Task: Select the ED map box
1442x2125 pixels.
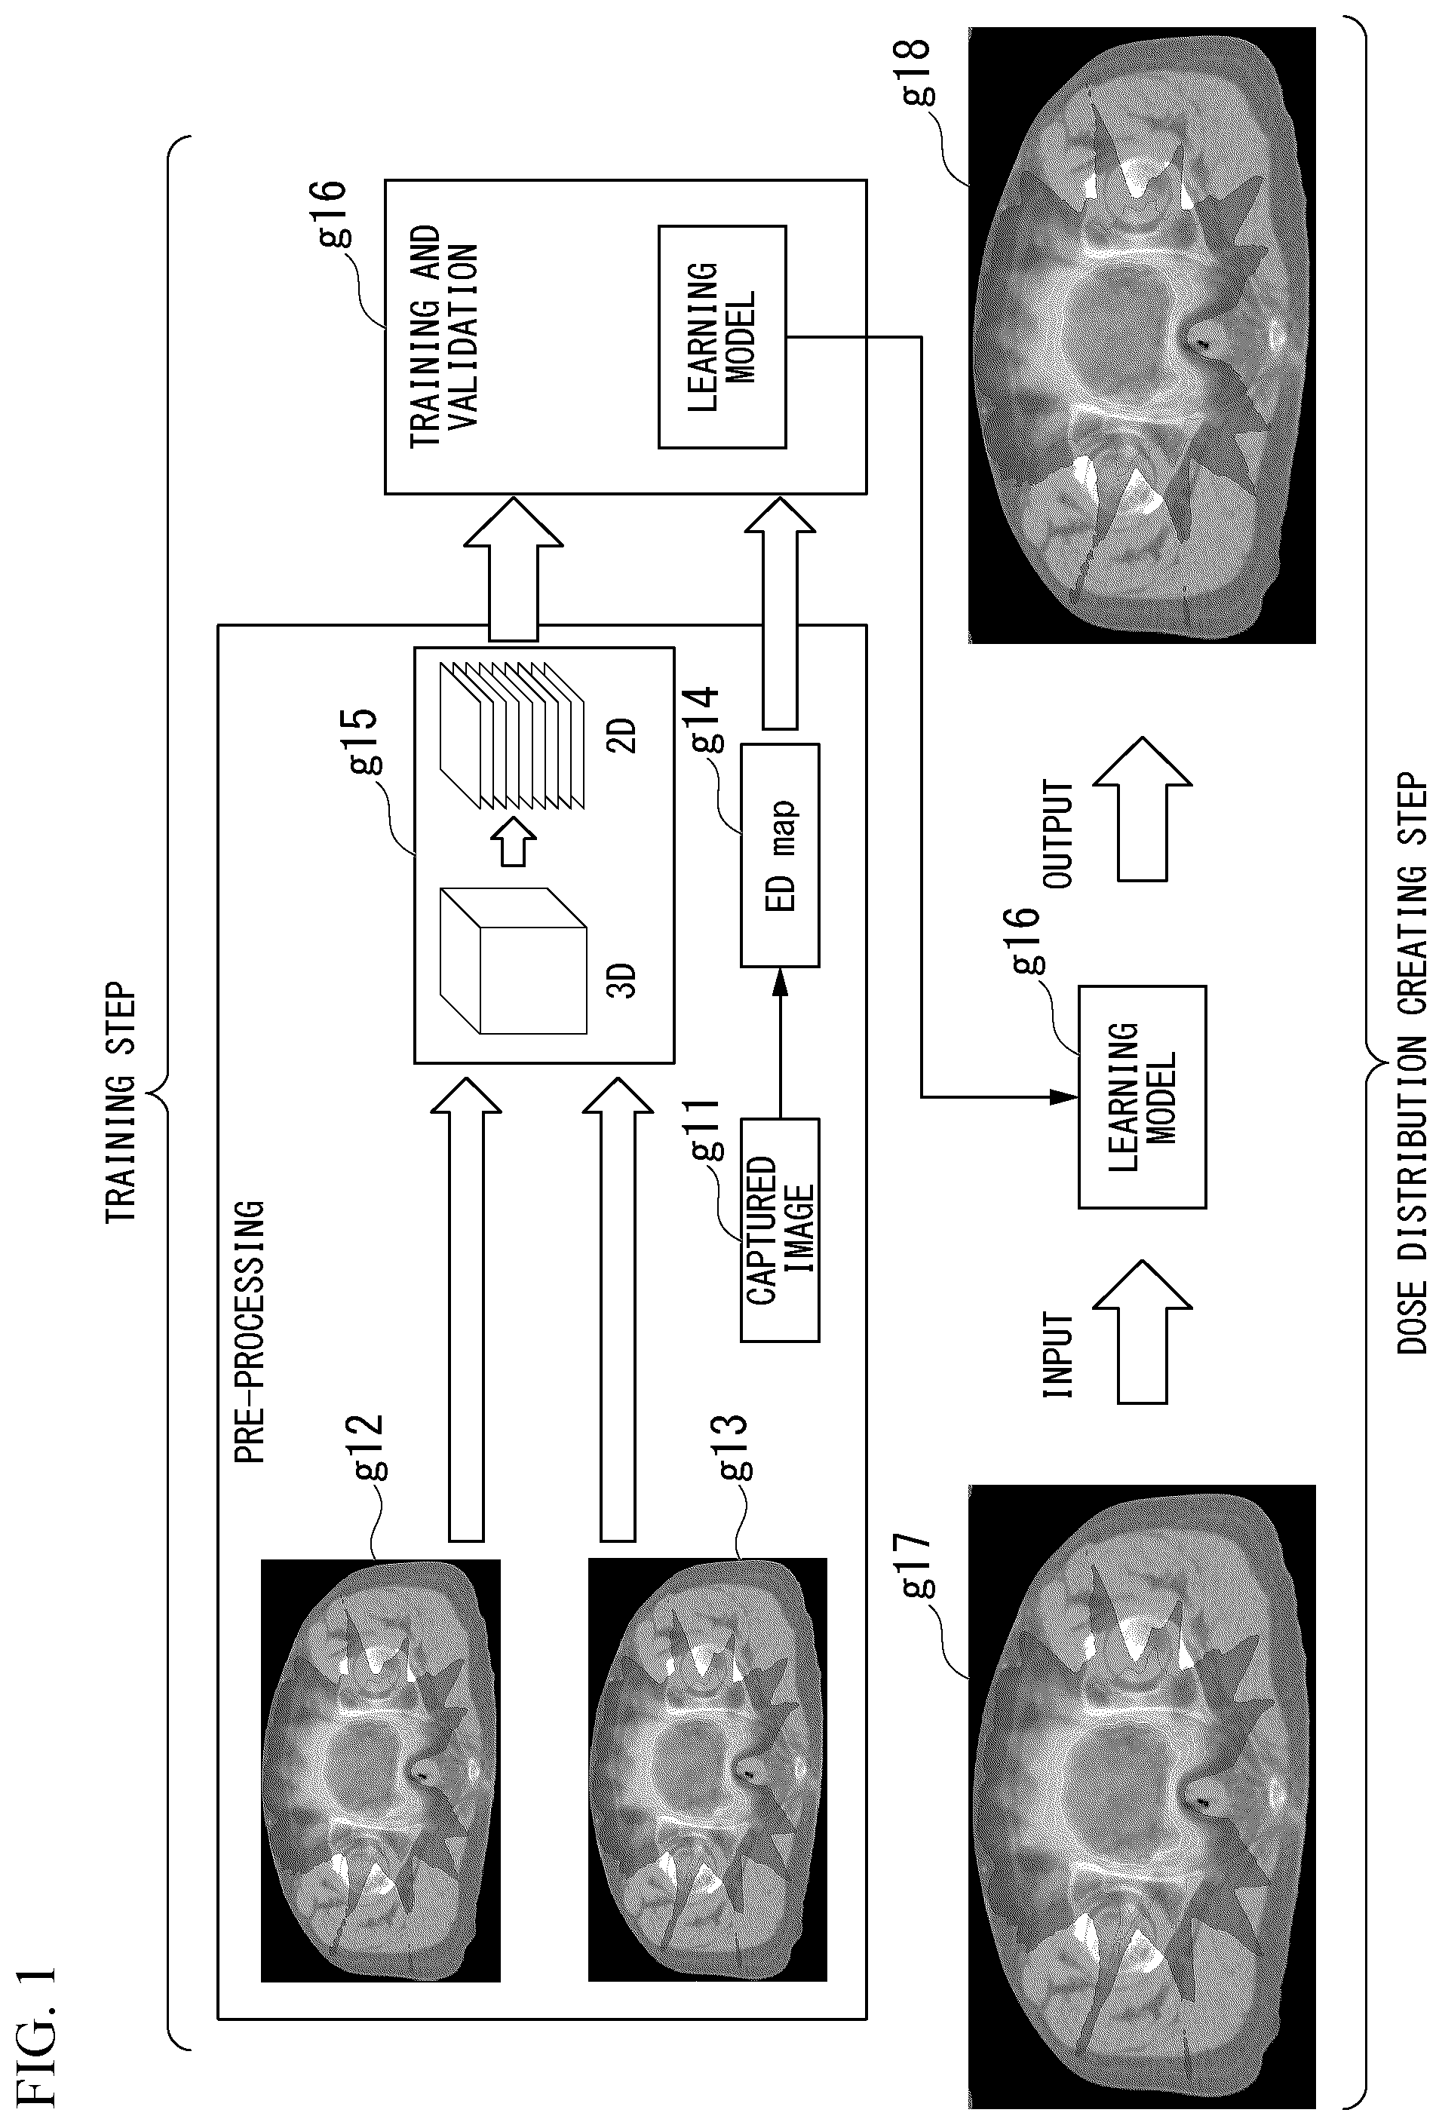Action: [x=780, y=855]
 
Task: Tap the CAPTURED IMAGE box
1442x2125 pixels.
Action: [x=780, y=1230]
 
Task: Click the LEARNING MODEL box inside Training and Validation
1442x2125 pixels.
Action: [x=723, y=336]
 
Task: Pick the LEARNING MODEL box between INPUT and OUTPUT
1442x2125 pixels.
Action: [x=1142, y=1097]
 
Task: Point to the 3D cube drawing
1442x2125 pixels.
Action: [x=513, y=960]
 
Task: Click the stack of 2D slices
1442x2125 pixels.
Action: [x=512, y=736]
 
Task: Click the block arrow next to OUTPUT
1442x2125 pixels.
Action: [x=1142, y=809]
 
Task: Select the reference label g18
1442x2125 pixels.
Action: [x=916, y=72]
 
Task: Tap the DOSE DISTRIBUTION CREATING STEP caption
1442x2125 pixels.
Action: [x=1412, y=1063]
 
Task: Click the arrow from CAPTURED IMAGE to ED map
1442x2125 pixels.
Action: [x=780, y=1042]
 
